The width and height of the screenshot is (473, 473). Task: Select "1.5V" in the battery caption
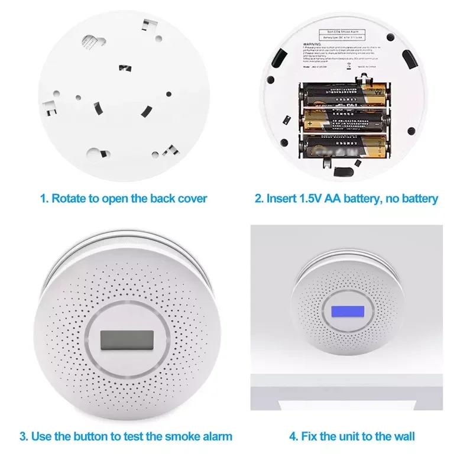(310, 198)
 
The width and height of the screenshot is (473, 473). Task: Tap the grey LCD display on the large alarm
(127, 341)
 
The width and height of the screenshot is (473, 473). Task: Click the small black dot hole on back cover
(169, 94)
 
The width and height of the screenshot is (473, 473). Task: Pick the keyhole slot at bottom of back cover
(95, 155)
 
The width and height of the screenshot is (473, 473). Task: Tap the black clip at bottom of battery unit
(342, 171)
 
